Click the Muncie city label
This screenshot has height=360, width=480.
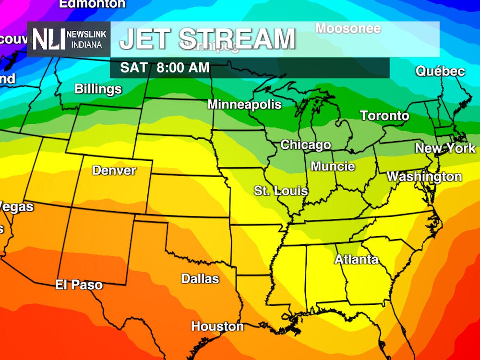tap(333, 167)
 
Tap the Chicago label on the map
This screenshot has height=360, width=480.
tap(305, 144)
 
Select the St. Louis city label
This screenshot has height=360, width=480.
tap(281, 191)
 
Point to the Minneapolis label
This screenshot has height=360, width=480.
tap(244, 104)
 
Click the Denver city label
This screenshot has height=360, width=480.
tap(114, 170)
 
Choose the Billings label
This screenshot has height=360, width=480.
tap(98, 89)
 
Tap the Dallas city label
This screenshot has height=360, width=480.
tap(200, 278)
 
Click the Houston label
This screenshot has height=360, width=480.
tap(217, 326)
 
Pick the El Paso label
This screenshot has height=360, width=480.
tap(79, 285)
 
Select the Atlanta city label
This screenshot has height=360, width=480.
tap(356, 260)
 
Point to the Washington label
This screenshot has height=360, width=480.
tap(424, 177)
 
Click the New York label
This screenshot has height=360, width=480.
tap(445, 148)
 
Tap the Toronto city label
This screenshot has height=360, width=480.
tap(384, 116)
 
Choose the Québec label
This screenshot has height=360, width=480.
tap(440, 72)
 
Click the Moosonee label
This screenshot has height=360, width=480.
tap(348, 28)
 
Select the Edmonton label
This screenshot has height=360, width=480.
tap(92, 4)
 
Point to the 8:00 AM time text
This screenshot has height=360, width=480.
tap(183, 68)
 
